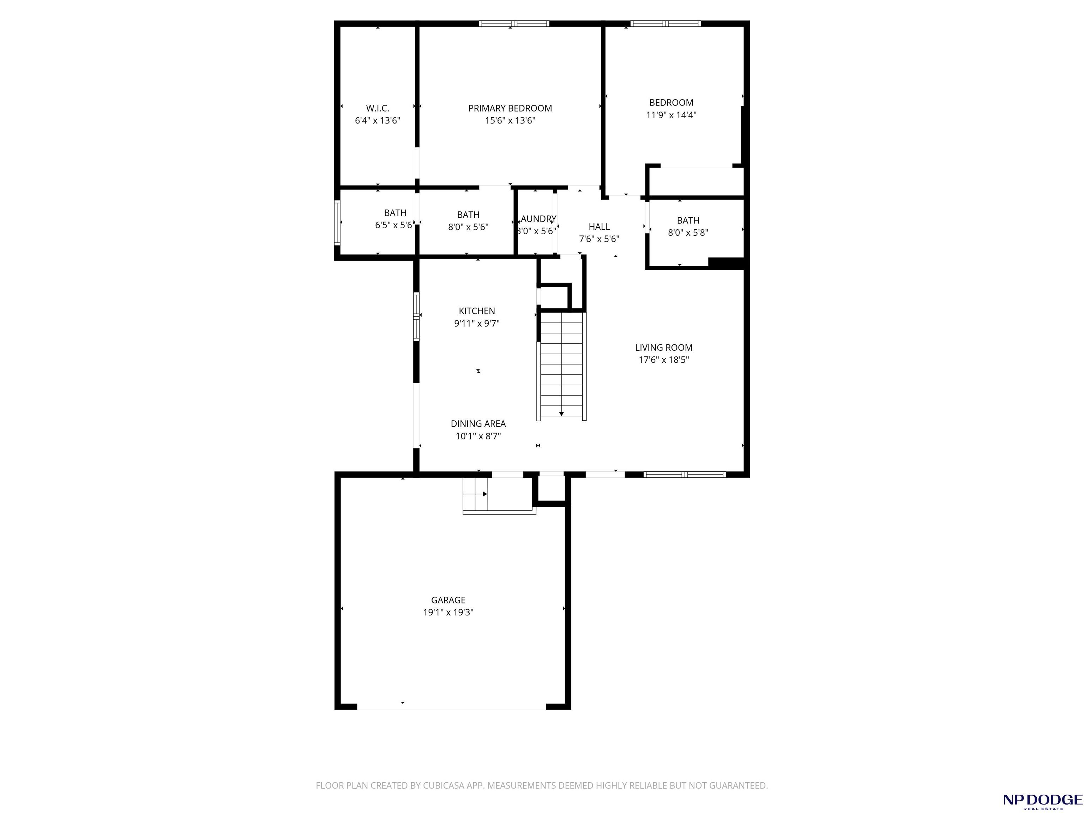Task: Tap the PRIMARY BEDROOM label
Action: pos(510,108)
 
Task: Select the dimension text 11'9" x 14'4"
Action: pos(672,115)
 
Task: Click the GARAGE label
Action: pos(448,600)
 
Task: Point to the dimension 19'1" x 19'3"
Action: pos(448,612)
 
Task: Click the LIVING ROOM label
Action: pos(663,348)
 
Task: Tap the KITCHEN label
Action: pos(477,311)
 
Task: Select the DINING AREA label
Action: pos(478,423)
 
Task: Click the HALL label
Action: pos(599,227)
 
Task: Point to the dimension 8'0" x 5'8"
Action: pos(688,233)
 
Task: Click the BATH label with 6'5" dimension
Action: pos(395,213)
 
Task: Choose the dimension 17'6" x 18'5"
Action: pos(663,360)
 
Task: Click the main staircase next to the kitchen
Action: pos(562,366)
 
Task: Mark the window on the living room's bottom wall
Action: pos(685,474)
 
